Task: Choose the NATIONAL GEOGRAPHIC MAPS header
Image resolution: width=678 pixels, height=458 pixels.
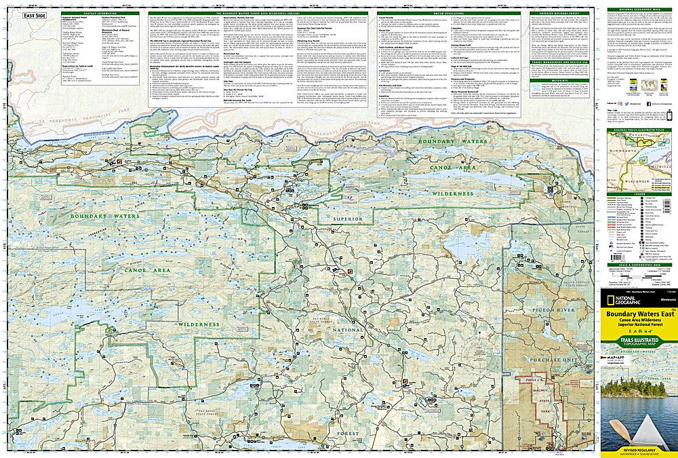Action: coord(638,9)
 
